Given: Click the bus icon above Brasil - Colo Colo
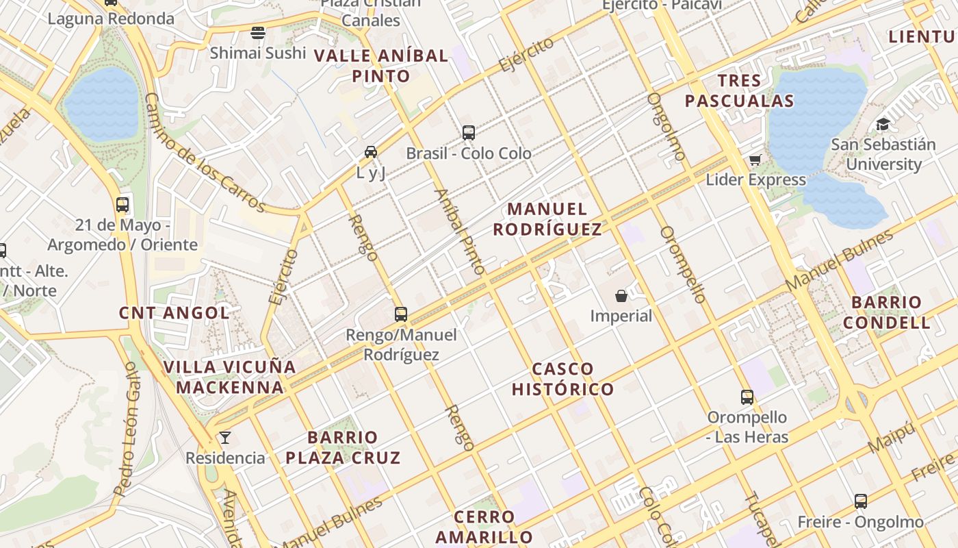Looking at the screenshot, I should tap(469, 133).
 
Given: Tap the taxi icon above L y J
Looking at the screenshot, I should tap(371, 152).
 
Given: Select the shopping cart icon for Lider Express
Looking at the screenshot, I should tap(755, 160).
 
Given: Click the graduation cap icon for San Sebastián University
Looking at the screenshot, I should tap(883, 125).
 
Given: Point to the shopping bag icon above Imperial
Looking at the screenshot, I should tap(621, 296).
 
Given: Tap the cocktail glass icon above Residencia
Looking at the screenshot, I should tap(224, 438).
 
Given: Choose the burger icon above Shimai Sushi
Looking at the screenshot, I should tap(258, 32).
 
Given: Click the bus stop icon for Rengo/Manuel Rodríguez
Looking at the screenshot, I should tap(401, 314).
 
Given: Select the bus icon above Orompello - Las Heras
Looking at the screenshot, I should tap(747, 397).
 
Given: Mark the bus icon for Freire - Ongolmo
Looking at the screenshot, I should tap(861, 501).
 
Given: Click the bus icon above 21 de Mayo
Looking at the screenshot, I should tap(122, 205).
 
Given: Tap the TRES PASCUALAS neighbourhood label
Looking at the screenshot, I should tap(739, 91).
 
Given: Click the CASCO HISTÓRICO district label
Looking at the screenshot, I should tap(563, 379).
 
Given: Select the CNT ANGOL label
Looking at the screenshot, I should tap(174, 313).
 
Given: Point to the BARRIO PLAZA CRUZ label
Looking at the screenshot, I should tap(343, 447).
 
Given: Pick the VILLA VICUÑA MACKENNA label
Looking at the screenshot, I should tap(229, 377).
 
